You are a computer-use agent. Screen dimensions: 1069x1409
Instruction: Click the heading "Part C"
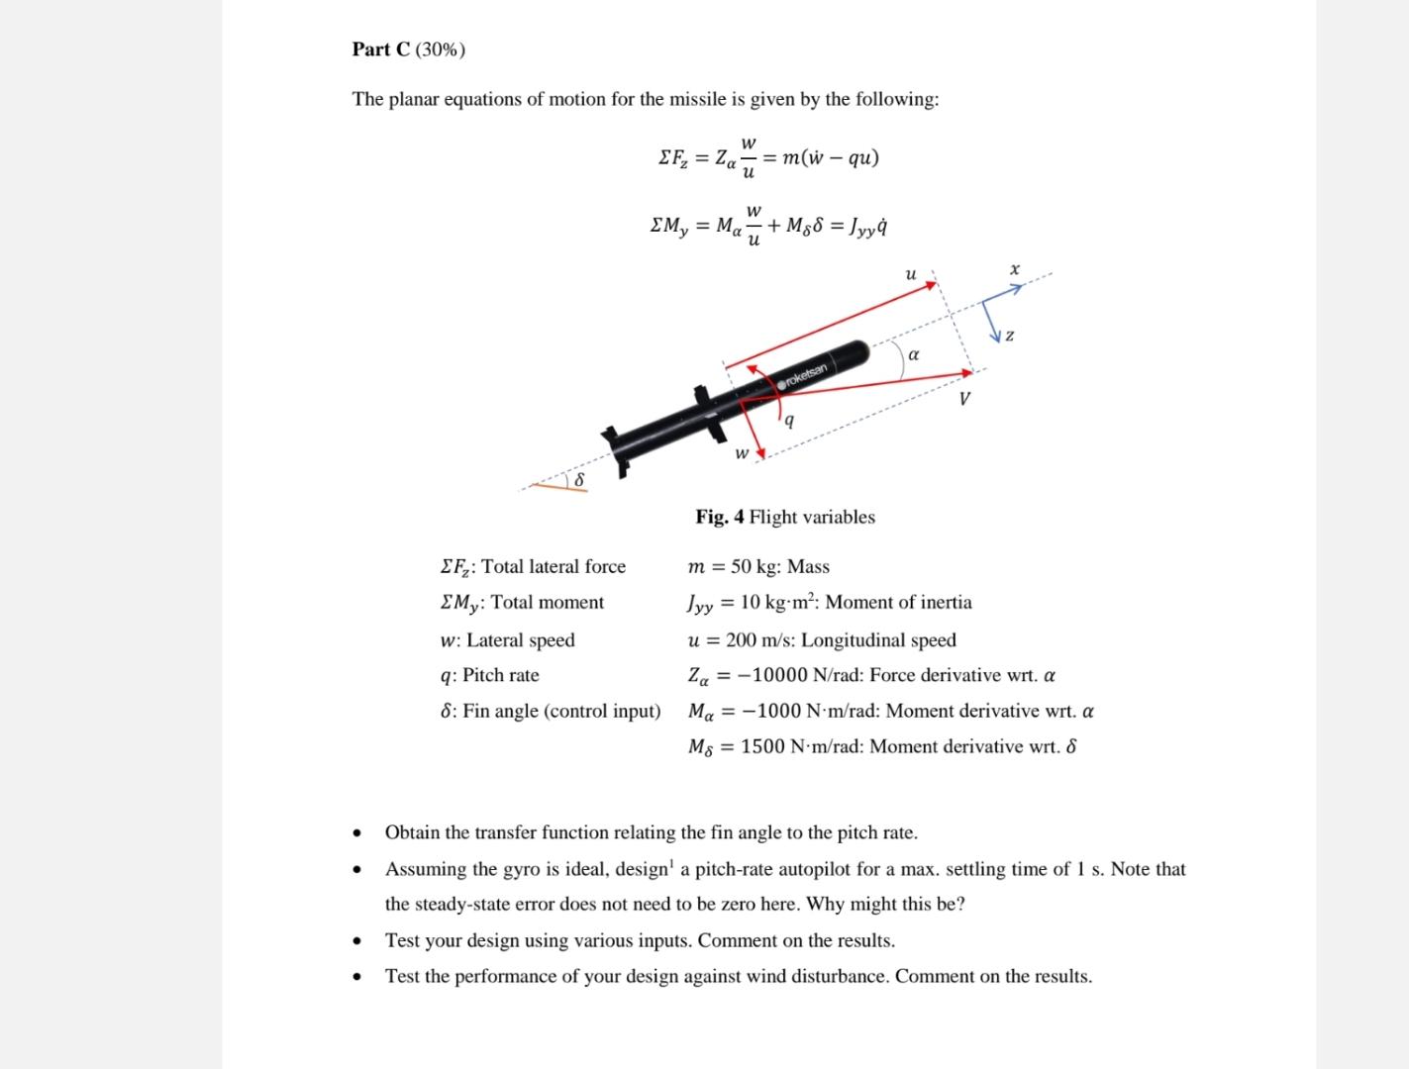[x=381, y=49]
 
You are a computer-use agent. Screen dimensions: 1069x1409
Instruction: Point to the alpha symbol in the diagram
[x=913, y=353]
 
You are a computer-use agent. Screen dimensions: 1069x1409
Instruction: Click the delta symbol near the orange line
[x=580, y=479]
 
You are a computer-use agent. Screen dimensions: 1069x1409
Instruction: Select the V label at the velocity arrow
[x=963, y=399]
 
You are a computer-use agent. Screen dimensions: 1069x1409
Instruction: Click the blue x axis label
[x=1014, y=269]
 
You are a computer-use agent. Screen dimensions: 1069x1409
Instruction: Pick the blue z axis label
[x=1009, y=337]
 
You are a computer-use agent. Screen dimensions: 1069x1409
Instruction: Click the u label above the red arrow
[x=910, y=273]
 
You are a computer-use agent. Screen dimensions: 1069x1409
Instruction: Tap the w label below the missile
[x=741, y=454]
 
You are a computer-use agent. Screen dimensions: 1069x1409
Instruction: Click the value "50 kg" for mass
[x=755, y=567]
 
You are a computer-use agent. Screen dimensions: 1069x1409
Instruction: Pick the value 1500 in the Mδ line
[x=762, y=746]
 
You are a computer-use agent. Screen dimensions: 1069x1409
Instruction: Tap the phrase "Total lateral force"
[x=554, y=567]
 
